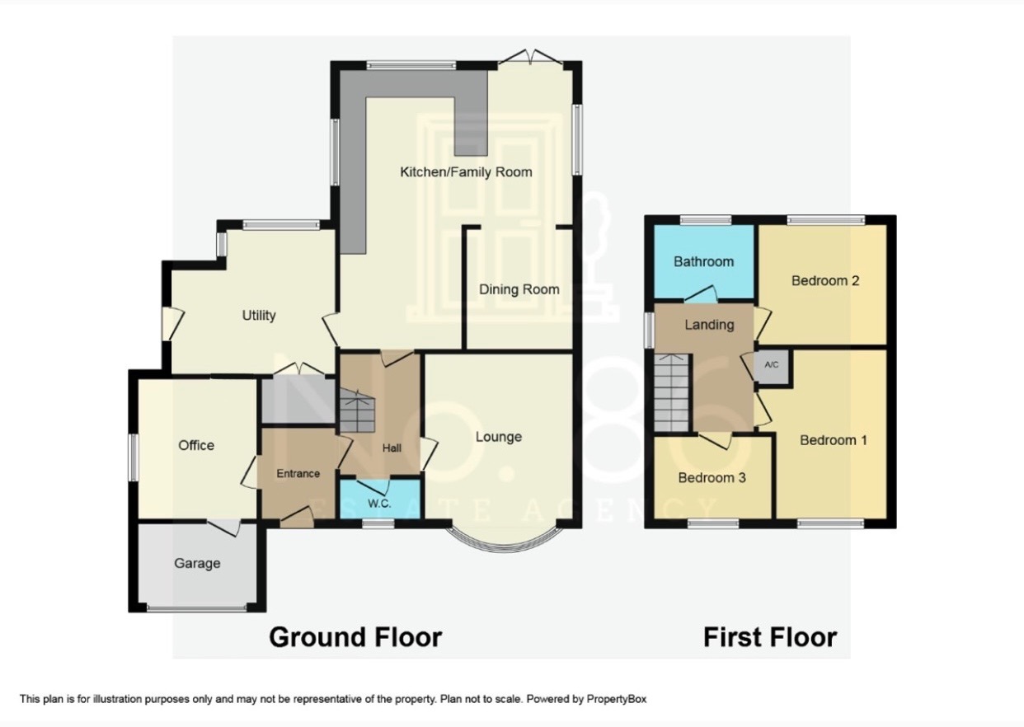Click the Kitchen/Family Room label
466,172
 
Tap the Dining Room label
519,289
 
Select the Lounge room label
498,437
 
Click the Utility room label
258,315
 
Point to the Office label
196,445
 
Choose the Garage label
197,564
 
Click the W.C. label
379,503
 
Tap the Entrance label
298,473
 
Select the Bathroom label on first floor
703,261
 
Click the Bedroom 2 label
825,280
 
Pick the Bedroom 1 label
834,440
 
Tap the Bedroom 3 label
712,477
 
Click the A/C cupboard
772,365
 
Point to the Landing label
709,325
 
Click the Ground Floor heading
355,637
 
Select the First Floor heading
769,637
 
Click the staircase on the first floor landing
672,393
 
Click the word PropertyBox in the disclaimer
617,699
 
